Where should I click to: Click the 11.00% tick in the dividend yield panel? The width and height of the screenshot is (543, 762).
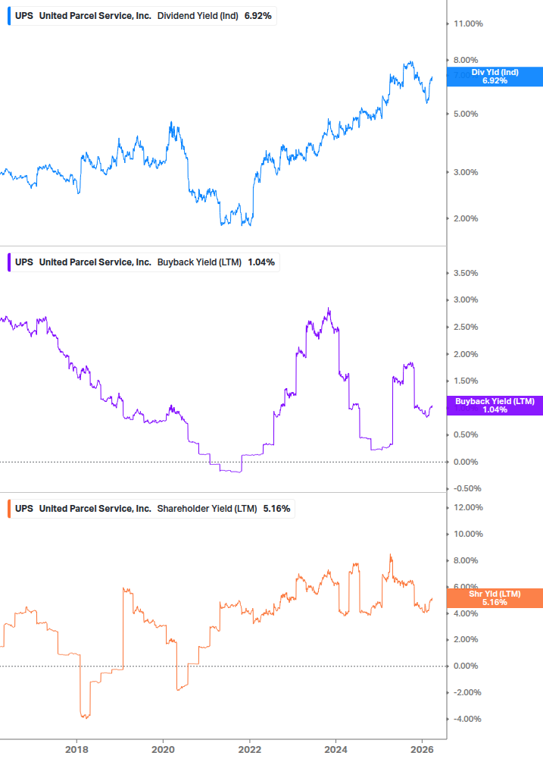[467, 24]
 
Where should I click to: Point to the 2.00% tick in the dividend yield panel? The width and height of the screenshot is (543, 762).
[466, 218]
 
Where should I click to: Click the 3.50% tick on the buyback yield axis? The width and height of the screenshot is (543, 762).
[466, 273]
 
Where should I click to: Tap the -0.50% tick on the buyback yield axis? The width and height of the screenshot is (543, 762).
[465, 488]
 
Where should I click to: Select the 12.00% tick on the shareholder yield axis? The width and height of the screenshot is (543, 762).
[467, 507]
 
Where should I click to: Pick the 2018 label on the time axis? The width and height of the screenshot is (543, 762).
[76, 750]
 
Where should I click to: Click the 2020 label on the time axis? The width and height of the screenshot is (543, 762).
[163, 750]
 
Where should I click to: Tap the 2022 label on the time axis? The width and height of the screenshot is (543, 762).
[249, 750]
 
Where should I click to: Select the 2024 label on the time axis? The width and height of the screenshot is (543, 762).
[335, 750]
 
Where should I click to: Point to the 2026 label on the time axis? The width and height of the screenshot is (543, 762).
[422, 750]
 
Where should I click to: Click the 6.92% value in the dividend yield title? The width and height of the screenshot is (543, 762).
[257, 15]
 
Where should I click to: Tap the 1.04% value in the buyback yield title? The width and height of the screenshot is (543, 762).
[261, 262]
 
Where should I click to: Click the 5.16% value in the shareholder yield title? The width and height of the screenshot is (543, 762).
[276, 508]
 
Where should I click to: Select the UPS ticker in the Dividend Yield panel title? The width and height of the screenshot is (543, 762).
[24, 15]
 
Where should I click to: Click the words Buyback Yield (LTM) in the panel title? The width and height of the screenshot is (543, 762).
[199, 262]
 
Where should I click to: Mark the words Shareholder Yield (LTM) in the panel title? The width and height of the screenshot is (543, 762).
[207, 508]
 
